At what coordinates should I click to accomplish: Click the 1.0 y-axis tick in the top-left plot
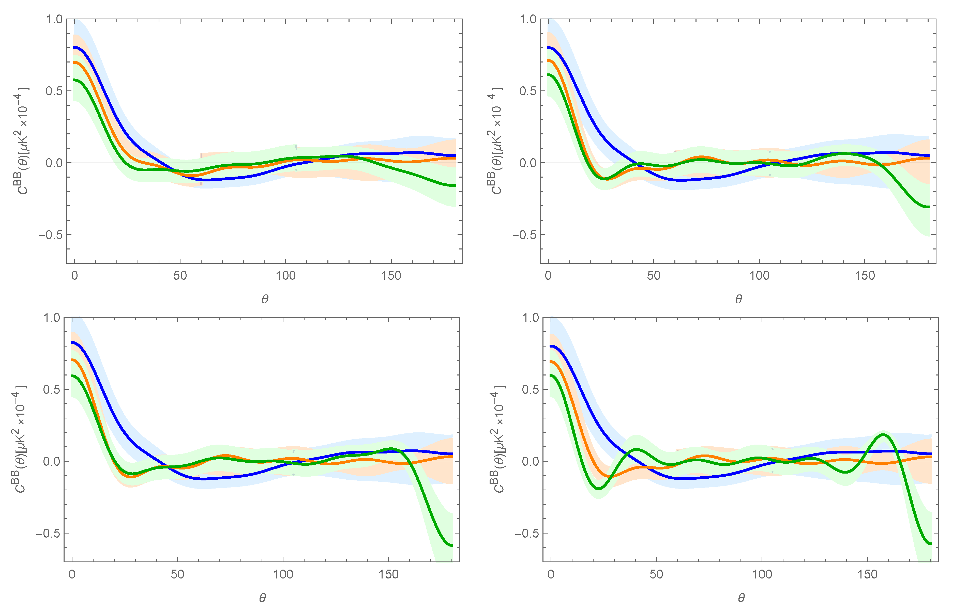coord(54,19)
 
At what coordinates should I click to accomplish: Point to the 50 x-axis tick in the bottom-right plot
coord(656,574)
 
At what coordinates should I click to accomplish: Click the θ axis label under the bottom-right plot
coord(741,598)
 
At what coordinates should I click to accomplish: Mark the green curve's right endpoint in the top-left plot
coord(455,185)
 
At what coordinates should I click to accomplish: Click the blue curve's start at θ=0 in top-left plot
coord(75,47)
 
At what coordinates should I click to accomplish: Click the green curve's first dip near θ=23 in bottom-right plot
coord(599,488)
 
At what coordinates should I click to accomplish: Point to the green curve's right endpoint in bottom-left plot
coord(452,545)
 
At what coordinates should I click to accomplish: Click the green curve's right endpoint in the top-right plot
coord(929,207)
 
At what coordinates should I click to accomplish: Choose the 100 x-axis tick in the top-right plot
coord(759,275)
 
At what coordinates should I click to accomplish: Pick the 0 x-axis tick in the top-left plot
coord(75,275)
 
